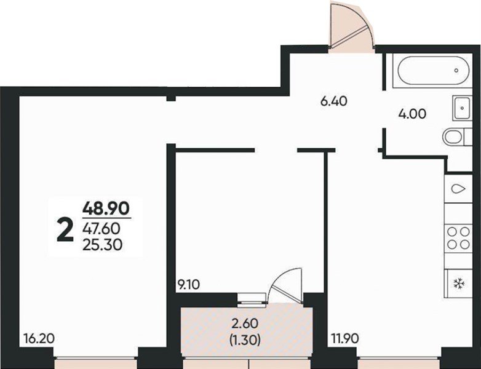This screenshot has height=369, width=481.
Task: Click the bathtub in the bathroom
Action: click(x=434, y=70)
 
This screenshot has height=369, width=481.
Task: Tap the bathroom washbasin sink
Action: click(x=462, y=108)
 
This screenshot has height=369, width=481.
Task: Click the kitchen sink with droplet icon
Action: click(x=459, y=189)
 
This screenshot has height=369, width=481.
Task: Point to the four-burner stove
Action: click(x=459, y=237)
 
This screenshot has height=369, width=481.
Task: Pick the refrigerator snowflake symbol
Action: click(x=459, y=283)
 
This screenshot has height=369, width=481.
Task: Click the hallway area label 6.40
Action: click(x=334, y=101)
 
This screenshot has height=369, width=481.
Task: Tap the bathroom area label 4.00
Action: click(x=412, y=114)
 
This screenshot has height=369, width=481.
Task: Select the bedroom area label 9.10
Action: click(x=188, y=285)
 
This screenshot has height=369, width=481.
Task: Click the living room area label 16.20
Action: click(x=39, y=339)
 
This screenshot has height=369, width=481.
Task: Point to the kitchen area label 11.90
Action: click(x=345, y=339)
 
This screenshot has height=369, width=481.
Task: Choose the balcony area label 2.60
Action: click(x=245, y=323)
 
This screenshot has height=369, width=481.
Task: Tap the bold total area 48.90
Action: click(x=106, y=209)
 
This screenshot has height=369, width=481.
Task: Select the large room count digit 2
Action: click(x=65, y=231)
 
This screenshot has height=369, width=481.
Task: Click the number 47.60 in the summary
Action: click(x=101, y=229)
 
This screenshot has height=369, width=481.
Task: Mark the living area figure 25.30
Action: click(x=103, y=245)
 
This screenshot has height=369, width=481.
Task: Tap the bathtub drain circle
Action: click(x=456, y=70)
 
